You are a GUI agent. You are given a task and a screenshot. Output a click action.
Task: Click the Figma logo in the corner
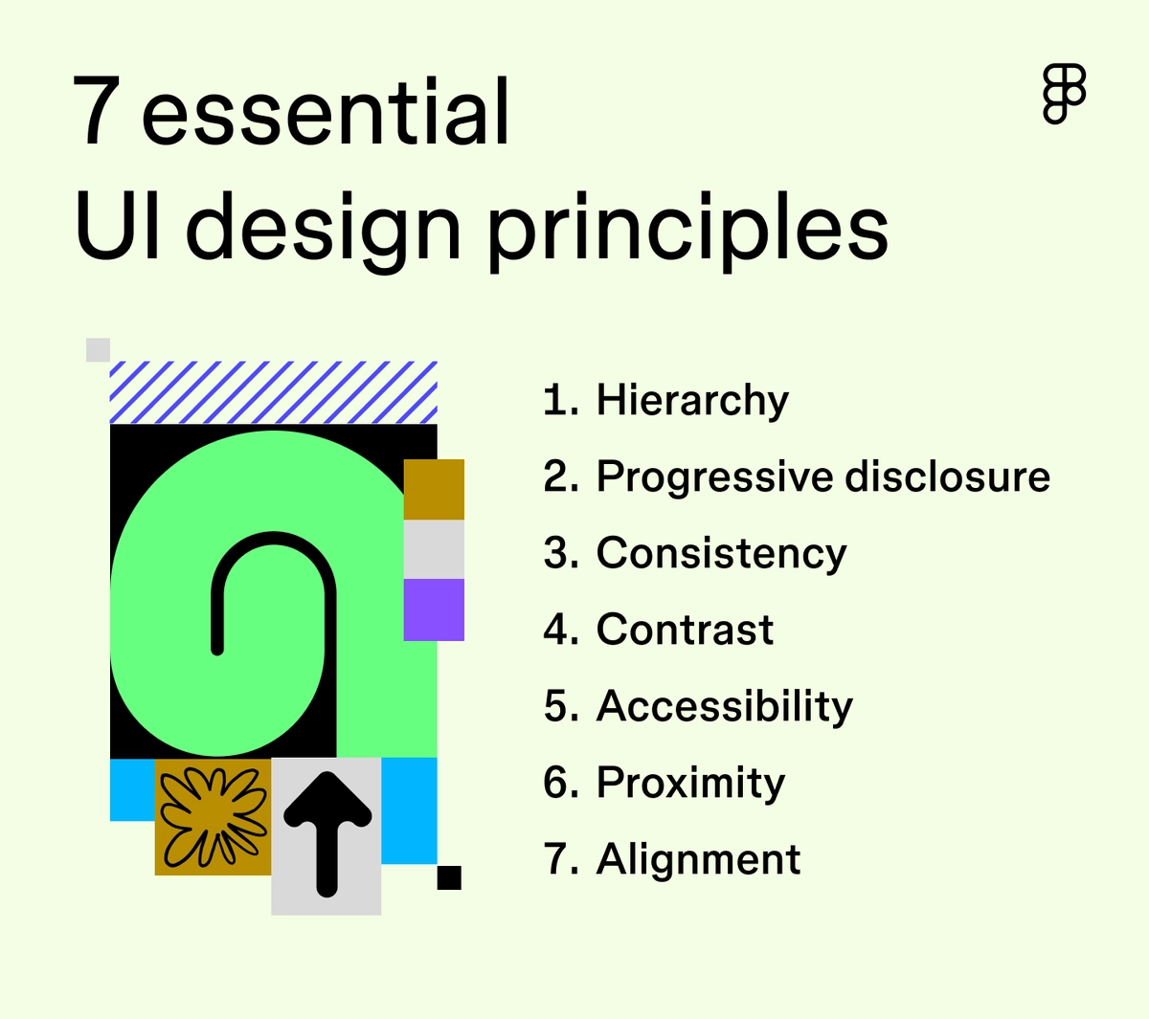click(1064, 94)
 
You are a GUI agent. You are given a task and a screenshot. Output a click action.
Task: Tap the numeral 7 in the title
click(96, 113)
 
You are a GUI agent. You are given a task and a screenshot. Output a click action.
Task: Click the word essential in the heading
click(326, 113)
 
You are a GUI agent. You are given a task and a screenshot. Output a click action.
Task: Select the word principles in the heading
click(687, 230)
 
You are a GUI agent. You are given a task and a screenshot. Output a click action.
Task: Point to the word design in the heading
click(324, 230)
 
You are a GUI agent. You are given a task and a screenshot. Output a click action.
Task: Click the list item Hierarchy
click(692, 400)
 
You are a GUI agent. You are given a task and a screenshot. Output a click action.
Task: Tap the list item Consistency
click(721, 553)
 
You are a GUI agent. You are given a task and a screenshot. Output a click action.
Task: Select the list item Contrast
click(685, 630)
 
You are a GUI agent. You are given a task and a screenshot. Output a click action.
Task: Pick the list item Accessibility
click(724, 706)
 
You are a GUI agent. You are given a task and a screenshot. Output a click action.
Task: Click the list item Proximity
click(690, 783)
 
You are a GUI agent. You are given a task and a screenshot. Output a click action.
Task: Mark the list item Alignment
click(698, 859)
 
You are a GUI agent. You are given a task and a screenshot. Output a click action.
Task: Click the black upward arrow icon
click(327, 833)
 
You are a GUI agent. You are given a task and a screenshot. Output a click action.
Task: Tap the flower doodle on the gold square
click(213, 816)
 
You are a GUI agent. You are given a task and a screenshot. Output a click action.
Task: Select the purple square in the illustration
click(434, 609)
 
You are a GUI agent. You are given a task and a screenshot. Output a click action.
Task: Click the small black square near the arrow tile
click(449, 877)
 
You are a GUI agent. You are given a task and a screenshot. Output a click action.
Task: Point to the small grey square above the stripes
click(98, 349)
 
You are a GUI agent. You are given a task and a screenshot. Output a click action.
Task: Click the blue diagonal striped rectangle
click(273, 392)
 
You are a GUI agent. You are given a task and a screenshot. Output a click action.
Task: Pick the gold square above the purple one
click(434, 489)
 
